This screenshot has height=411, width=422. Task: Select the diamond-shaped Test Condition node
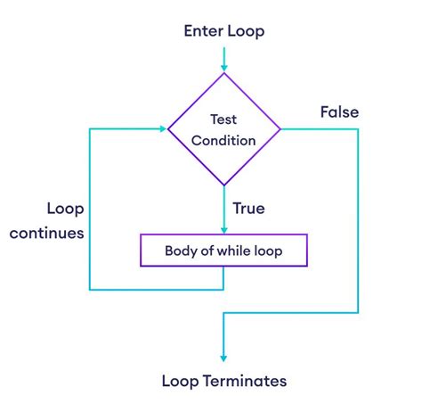tap(223, 129)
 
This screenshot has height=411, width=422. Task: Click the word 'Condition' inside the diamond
tap(223, 140)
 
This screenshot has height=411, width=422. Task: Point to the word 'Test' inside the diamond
tap(223, 119)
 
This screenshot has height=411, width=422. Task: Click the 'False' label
tap(339, 112)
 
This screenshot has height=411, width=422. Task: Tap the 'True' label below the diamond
tap(249, 209)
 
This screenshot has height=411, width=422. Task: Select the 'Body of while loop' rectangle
tap(223, 251)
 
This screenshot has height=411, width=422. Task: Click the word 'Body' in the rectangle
tap(181, 251)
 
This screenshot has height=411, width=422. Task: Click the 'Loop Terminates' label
tap(223, 381)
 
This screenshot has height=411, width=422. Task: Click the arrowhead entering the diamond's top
tap(223, 67)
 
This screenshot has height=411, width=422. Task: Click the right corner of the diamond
tap(280, 129)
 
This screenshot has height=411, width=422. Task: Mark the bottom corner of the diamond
tap(223, 186)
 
